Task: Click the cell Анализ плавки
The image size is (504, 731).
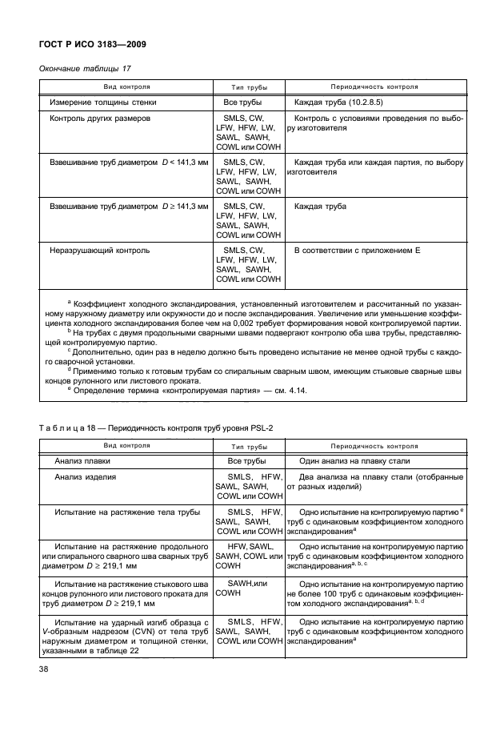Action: (82, 462)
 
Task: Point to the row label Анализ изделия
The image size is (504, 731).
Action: (86, 478)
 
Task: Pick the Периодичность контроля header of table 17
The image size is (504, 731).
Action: (374, 86)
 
